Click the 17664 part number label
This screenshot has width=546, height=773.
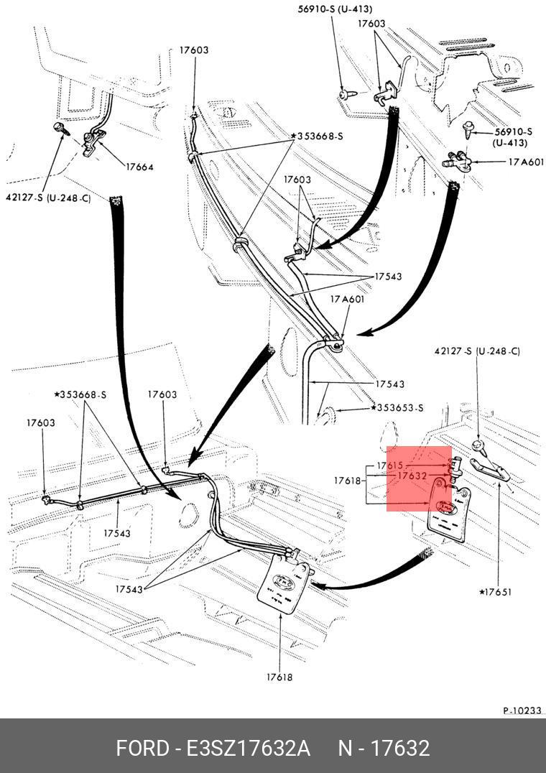point(139,167)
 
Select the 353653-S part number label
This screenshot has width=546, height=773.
point(400,408)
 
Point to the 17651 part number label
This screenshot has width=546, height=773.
point(496,592)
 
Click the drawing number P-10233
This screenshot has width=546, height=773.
point(522,710)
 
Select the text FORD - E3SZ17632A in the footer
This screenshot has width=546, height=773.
point(213,748)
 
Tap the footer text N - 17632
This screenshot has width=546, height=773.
point(384,748)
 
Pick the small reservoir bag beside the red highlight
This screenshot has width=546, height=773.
point(449,511)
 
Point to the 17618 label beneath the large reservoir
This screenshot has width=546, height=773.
point(279,677)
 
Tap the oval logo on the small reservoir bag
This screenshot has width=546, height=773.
point(448,507)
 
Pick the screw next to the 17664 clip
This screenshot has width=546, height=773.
point(60,129)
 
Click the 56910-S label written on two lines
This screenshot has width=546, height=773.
point(513,137)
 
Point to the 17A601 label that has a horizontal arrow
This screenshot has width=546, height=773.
point(526,163)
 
